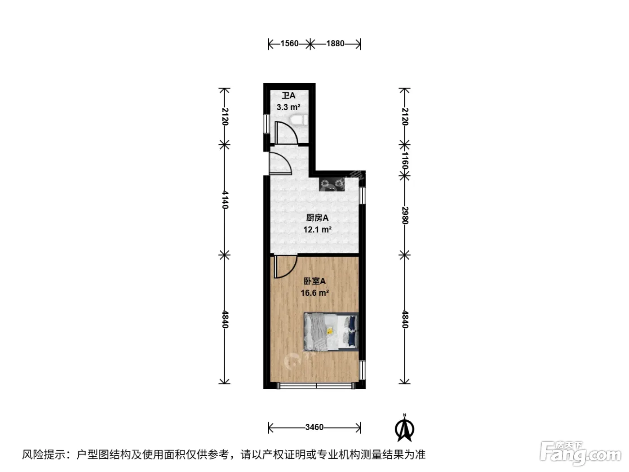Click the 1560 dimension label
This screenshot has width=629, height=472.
coord(289,44)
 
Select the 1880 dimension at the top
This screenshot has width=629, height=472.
coord(335,44)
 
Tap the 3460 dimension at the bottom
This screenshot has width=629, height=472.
coord(314,427)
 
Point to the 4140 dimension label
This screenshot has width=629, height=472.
coord(225,200)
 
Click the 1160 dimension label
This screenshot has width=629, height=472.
coord(405,161)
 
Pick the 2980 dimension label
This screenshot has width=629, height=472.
coord(405,215)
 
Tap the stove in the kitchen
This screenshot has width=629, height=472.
coord(332,184)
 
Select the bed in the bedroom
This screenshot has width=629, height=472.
coord(331,332)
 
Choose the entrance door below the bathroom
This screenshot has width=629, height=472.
coord(280,163)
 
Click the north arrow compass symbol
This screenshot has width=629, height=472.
coord(404,428)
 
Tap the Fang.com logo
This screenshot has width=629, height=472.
coord(580,454)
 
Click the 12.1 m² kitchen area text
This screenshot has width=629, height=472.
coord(317,230)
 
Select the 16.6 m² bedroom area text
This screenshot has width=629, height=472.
coord(314,293)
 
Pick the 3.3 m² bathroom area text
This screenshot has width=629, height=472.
coord(288,107)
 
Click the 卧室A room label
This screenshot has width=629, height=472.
coord(314,281)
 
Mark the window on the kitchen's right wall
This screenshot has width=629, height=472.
coord(363,195)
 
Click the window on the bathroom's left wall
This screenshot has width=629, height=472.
coord(267,124)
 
